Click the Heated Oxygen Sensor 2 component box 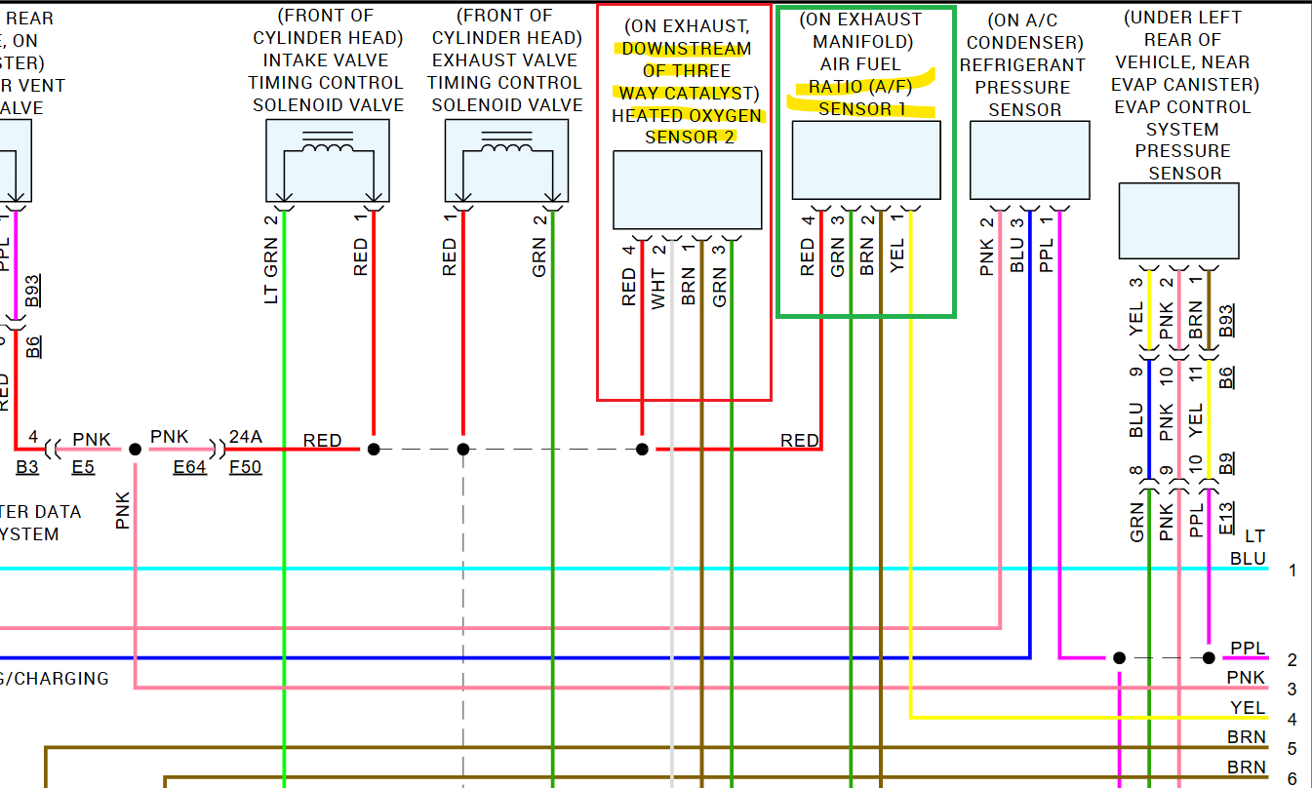click(x=687, y=190)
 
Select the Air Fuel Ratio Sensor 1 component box click(x=865, y=160)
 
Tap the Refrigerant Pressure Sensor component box click(x=1029, y=160)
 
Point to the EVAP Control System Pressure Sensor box click(x=1178, y=220)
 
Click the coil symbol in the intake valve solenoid click(x=328, y=146)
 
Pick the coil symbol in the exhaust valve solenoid click(x=506, y=146)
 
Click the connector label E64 click(x=190, y=466)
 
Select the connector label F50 click(x=245, y=466)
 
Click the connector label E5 click(x=83, y=466)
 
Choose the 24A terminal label click(x=244, y=438)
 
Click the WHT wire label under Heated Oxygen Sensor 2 click(x=659, y=289)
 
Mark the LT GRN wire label click(x=272, y=270)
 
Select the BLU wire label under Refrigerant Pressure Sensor click(x=1017, y=256)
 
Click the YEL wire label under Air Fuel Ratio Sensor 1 click(x=897, y=256)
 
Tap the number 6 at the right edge click(x=1292, y=778)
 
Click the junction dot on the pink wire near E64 click(x=135, y=449)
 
